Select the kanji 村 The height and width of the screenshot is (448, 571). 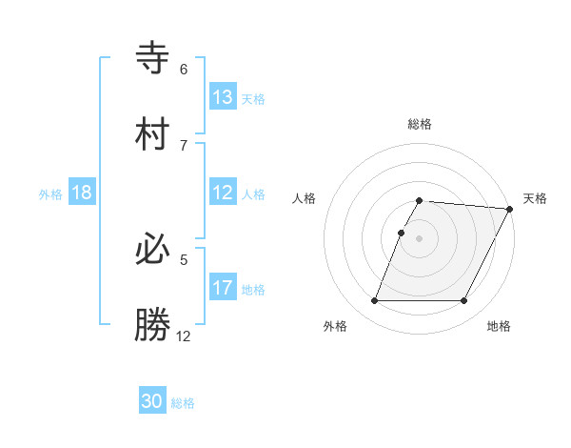(153, 134)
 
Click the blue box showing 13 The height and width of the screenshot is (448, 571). (223, 96)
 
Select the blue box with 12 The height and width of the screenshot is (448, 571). (223, 193)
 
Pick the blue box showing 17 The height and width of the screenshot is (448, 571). (223, 288)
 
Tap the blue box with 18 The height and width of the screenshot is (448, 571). (82, 193)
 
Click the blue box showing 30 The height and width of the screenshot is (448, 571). (152, 401)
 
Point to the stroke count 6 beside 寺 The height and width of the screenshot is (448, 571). (184, 69)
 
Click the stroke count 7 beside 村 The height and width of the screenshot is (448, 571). (184, 145)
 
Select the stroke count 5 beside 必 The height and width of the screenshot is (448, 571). (184, 259)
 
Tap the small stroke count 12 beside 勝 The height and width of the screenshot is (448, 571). (184, 336)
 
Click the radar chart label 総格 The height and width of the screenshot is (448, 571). (420, 124)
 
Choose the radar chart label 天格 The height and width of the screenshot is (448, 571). (535, 198)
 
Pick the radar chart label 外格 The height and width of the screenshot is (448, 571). (335, 326)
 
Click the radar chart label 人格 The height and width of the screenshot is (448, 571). (305, 198)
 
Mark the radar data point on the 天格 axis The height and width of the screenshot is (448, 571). (509, 209)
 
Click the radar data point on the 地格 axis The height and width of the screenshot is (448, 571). (463, 301)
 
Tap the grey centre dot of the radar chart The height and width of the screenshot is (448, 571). (420, 238)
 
